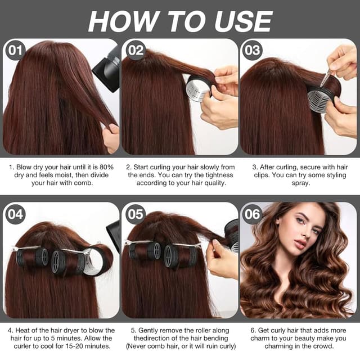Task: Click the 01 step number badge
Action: coord(15,50)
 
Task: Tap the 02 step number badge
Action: coord(136,50)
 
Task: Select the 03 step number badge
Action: coord(253,50)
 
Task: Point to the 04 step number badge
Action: coord(15,214)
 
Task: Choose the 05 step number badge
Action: coord(136,214)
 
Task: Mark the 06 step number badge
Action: coord(253,214)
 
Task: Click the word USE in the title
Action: coord(244,21)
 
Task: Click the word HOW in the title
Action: coord(122,21)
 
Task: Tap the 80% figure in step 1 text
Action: coord(106,167)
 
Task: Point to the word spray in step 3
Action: coord(300,183)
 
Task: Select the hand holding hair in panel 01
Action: coord(111,137)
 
